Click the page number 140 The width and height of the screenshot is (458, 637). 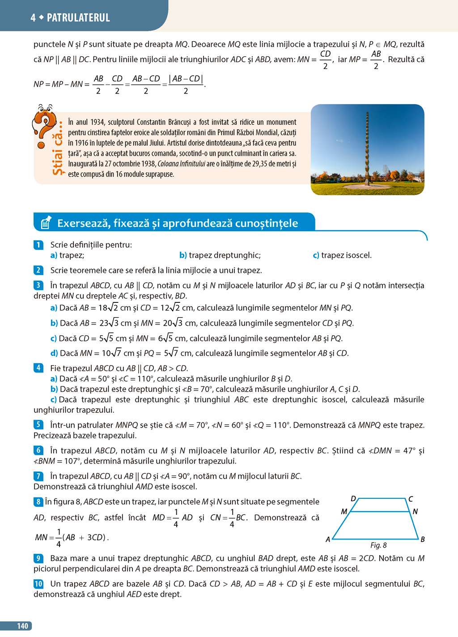[22, 626]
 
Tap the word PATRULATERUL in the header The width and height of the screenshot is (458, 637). [78, 18]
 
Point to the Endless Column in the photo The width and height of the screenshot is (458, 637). [368, 148]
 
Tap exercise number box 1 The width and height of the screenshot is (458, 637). [38, 245]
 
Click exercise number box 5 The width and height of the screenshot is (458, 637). [38, 425]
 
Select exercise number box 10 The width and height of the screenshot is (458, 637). [38, 584]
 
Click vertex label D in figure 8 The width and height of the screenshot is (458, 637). [353, 499]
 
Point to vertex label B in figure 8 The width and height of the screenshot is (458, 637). [422, 539]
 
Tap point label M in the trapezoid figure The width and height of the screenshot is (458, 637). [344, 511]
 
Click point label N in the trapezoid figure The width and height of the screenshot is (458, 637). [415, 511]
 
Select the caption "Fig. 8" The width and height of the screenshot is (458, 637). [378, 545]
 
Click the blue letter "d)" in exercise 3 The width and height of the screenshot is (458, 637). [54, 353]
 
